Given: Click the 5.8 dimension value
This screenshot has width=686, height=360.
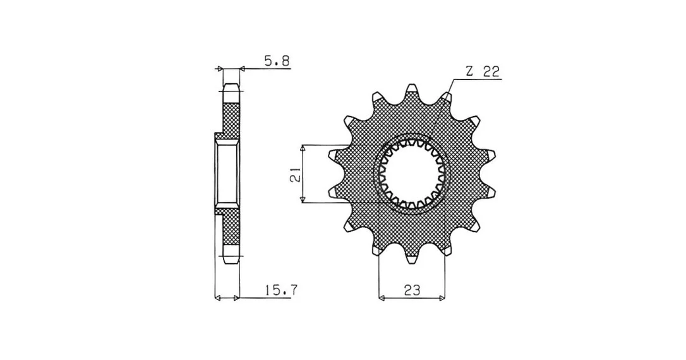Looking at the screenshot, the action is point(277,61).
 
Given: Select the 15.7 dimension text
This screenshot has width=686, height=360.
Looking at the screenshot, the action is point(281,289).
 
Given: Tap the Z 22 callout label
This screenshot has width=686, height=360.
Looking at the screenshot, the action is point(483,72).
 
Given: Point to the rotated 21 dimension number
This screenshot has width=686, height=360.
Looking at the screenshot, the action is point(296,174).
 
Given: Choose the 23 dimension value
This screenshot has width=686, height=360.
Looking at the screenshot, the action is point(412,290).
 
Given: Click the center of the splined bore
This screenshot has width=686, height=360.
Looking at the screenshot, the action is point(411,174).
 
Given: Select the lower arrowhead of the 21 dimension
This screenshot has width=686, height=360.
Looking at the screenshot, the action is point(302,200).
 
